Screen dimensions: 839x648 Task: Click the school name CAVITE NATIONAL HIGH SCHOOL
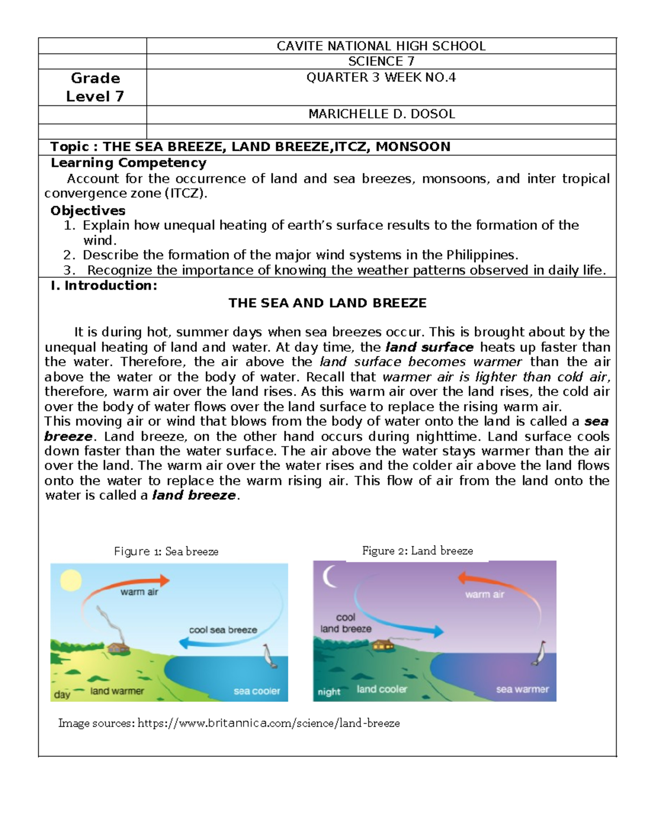pos(381,46)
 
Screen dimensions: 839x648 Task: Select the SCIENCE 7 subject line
pos(381,62)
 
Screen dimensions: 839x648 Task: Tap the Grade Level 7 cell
pos(95,87)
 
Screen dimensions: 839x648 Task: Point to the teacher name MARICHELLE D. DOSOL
pos(381,114)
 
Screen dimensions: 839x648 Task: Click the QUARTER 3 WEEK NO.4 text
pos(381,77)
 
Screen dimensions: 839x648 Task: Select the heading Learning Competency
pos(129,163)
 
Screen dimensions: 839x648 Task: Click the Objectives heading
pos(87,210)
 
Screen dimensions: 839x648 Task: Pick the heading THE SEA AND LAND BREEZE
pos(327,303)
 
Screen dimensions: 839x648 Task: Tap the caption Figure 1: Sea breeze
pos(166,551)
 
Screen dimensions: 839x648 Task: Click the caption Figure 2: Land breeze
pos(417,551)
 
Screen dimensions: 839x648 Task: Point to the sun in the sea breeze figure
pos(70,581)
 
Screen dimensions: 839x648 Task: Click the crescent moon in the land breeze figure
pos(329,577)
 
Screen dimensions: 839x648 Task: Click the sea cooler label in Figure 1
pos(256,691)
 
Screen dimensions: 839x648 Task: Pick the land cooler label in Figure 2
pos(382,689)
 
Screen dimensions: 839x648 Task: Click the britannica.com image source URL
pos(268,723)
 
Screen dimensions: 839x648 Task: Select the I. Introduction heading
pos(104,285)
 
